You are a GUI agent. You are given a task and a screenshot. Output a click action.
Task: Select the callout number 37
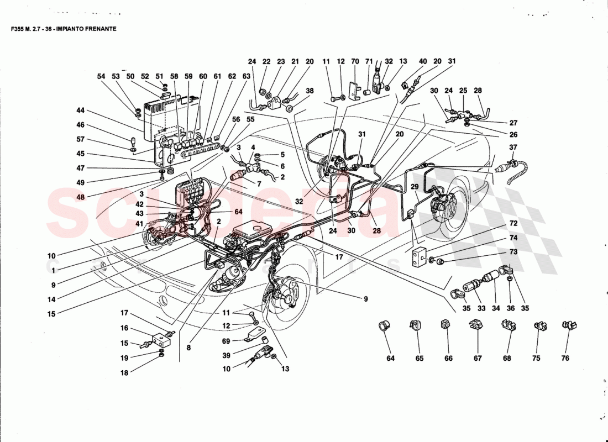513,148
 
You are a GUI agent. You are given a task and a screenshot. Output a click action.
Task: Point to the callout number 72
513,223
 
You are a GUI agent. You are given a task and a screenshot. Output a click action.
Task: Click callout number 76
565,359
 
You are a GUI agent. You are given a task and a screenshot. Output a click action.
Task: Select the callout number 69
226,341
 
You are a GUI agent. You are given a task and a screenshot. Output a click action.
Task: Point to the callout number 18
124,373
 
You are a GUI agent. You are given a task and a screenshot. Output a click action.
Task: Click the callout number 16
124,328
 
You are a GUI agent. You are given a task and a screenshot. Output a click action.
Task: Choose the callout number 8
188,348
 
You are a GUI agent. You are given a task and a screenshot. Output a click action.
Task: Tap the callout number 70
355,62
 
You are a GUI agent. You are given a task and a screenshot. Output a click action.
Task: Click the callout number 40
423,62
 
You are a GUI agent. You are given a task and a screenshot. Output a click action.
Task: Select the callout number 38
310,91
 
